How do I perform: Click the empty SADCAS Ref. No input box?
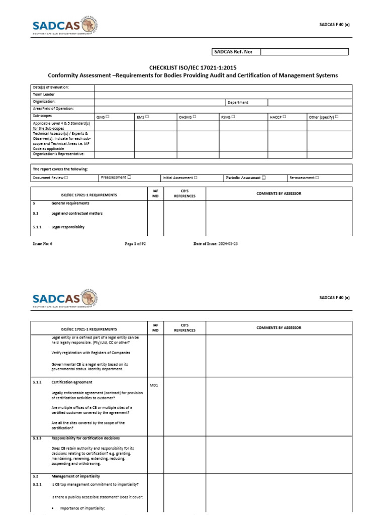304,52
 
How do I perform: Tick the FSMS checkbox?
234,117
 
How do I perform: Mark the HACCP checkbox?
284,117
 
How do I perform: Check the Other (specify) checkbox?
336,117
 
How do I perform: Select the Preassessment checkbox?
129,178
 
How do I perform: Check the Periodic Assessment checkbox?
264,178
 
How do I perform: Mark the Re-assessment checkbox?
317,178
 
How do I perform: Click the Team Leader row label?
44,95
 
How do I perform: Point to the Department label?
238,102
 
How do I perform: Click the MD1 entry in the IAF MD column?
155,385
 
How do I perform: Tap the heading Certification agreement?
72,382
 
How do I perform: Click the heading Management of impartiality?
75,475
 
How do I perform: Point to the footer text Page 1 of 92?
135,243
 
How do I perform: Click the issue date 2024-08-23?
231,243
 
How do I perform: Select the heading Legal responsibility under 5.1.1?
68,227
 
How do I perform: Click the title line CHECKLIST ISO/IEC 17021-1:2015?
193,67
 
